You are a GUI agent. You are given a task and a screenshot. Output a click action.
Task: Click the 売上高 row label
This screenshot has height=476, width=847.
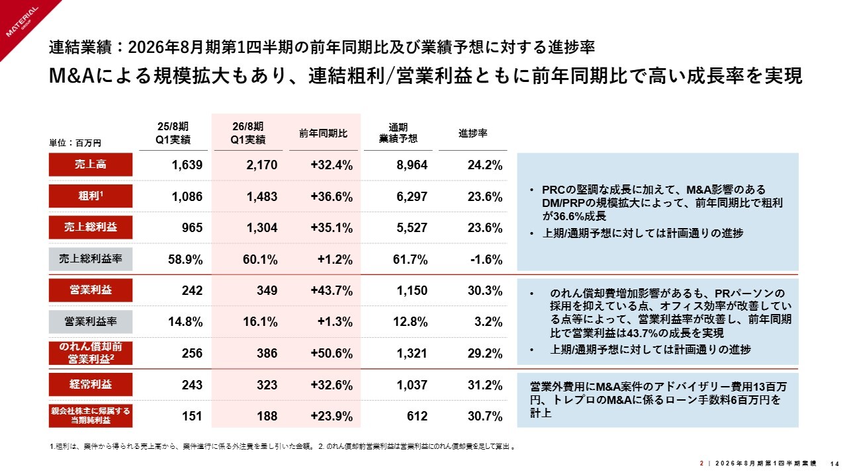coord(91,165)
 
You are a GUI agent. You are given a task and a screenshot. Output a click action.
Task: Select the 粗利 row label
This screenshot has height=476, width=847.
coord(91,196)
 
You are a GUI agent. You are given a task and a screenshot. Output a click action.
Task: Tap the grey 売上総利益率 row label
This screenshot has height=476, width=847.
coord(91,259)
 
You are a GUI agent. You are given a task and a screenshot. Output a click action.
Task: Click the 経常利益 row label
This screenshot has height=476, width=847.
coord(91,384)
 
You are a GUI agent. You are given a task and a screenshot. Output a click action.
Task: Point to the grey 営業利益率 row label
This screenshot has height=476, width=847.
coord(91,322)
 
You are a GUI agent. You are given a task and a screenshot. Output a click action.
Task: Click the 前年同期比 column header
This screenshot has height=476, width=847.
coord(323,133)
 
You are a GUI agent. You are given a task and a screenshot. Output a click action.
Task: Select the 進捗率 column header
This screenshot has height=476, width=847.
coord(473,133)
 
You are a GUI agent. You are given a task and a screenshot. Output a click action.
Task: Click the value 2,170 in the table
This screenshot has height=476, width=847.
coord(261,165)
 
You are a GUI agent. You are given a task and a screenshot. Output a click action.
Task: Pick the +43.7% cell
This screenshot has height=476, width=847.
coord(331,290)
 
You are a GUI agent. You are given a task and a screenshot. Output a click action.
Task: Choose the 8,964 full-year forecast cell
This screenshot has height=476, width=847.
coord(411,165)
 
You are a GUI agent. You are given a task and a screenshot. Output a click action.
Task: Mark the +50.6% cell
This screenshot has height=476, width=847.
coord(331,354)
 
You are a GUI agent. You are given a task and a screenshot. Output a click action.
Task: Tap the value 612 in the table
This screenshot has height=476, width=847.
coord(418,416)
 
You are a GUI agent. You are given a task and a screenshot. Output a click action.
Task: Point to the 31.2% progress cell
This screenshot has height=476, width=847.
coord(486,385)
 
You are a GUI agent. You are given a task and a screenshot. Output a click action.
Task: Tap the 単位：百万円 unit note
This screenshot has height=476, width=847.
coord(75,142)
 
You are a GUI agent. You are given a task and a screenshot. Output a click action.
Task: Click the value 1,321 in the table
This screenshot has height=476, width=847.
coord(412,354)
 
